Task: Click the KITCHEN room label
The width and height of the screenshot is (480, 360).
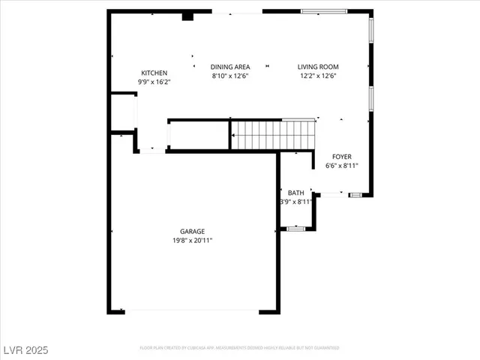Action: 154,73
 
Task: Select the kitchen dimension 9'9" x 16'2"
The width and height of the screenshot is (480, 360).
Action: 154,81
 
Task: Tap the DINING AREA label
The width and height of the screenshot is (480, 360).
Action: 229,67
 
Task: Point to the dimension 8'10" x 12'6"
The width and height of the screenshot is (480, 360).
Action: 229,76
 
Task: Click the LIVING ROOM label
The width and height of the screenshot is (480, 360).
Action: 318,67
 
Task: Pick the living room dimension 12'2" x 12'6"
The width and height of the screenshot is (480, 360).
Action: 318,76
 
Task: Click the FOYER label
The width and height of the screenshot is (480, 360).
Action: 341,157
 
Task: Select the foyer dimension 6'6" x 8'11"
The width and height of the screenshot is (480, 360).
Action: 341,166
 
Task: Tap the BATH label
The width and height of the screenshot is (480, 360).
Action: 295,193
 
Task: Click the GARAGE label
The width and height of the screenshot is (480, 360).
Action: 192,231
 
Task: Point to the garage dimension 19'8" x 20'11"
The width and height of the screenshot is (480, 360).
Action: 192,240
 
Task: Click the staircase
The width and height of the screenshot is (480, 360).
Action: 273,136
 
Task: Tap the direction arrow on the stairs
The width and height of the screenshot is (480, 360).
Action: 233,136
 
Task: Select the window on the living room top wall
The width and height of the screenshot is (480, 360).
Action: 323,11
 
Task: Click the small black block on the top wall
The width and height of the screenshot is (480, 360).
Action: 187,16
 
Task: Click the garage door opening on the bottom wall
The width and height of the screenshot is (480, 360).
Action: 192,311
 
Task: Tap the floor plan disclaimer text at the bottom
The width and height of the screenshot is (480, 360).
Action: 239,348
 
